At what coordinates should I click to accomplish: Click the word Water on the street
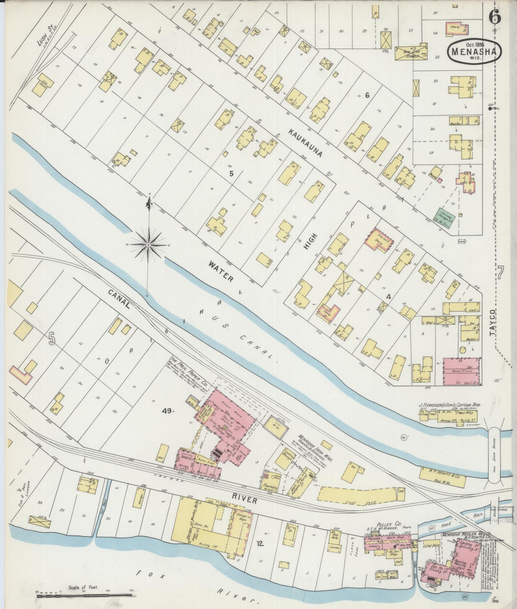[221, 271]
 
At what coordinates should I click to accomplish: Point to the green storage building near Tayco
[446, 215]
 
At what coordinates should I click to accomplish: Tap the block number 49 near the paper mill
[167, 411]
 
